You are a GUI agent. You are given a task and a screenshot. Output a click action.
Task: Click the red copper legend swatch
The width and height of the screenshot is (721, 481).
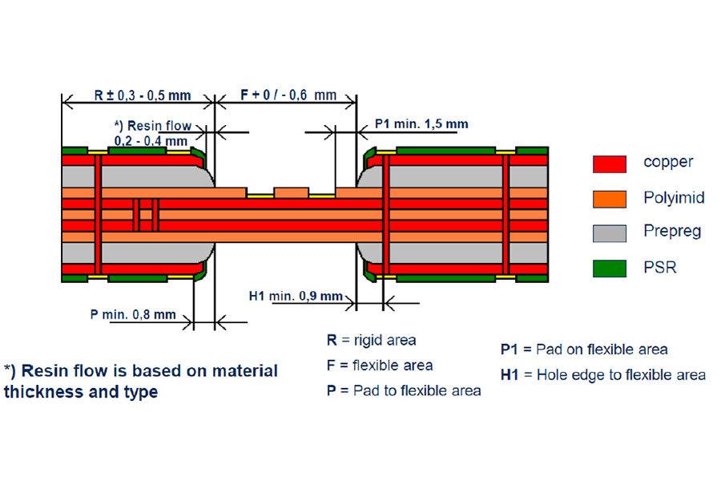609,164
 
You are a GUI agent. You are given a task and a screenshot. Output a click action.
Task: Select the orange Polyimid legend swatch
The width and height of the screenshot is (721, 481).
609,198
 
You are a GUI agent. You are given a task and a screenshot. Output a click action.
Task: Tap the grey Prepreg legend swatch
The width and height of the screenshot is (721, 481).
609,233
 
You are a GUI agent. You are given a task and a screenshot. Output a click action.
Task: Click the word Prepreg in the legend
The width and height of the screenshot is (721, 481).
672,232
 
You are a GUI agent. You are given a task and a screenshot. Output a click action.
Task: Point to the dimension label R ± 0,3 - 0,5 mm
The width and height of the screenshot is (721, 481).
143,95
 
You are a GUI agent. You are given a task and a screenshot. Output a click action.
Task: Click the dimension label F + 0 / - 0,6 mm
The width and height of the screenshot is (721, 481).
288,95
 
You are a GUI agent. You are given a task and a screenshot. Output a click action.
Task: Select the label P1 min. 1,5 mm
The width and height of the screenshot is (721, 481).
421,124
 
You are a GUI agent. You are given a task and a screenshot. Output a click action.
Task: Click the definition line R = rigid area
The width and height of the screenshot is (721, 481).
371,340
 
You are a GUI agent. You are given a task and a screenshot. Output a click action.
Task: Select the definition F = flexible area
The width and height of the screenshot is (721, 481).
379,366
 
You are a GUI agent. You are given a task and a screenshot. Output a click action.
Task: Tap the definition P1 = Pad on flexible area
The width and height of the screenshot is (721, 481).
583,350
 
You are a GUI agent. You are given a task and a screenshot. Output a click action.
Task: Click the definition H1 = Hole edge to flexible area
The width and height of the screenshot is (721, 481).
602,374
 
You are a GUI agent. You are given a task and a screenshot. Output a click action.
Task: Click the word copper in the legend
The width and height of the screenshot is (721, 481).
668,162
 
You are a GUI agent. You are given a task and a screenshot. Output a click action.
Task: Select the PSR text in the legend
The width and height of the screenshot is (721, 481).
659,267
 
